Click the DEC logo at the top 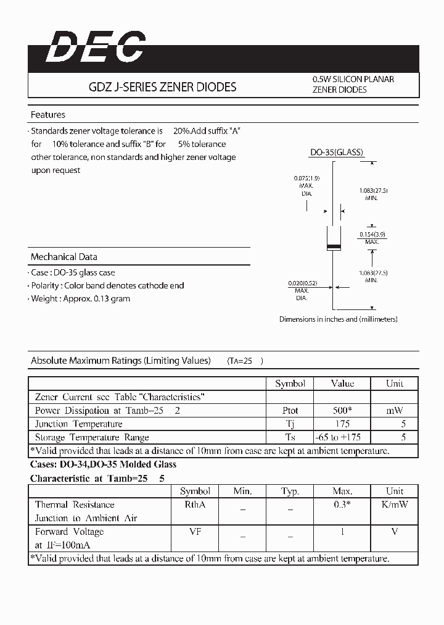pyautogui.click(x=96, y=48)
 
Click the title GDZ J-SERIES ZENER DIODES pyautogui.click(x=163, y=87)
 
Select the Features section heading pyautogui.click(x=48, y=115)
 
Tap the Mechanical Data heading pyautogui.click(x=64, y=257)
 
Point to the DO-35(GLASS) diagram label pyautogui.click(x=336, y=153)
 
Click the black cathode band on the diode pyautogui.click(x=333, y=248)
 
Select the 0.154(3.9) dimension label pyautogui.click(x=372, y=235)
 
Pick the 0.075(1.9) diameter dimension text pyautogui.click(x=306, y=179)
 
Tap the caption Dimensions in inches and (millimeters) pyautogui.click(x=338, y=319)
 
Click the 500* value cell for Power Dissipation pyautogui.click(x=342, y=410)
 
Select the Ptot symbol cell pyautogui.click(x=290, y=410)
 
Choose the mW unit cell pyautogui.click(x=395, y=410)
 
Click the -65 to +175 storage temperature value pyautogui.click(x=342, y=437)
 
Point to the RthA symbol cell pyautogui.click(x=195, y=505)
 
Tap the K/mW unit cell pyautogui.click(x=395, y=505)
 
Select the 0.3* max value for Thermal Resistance pyautogui.click(x=342, y=505)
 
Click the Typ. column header pyautogui.click(x=290, y=492)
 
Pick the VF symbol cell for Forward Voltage pyautogui.click(x=195, y=532)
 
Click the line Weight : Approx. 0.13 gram pyautogui.click(x=81, y=299)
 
